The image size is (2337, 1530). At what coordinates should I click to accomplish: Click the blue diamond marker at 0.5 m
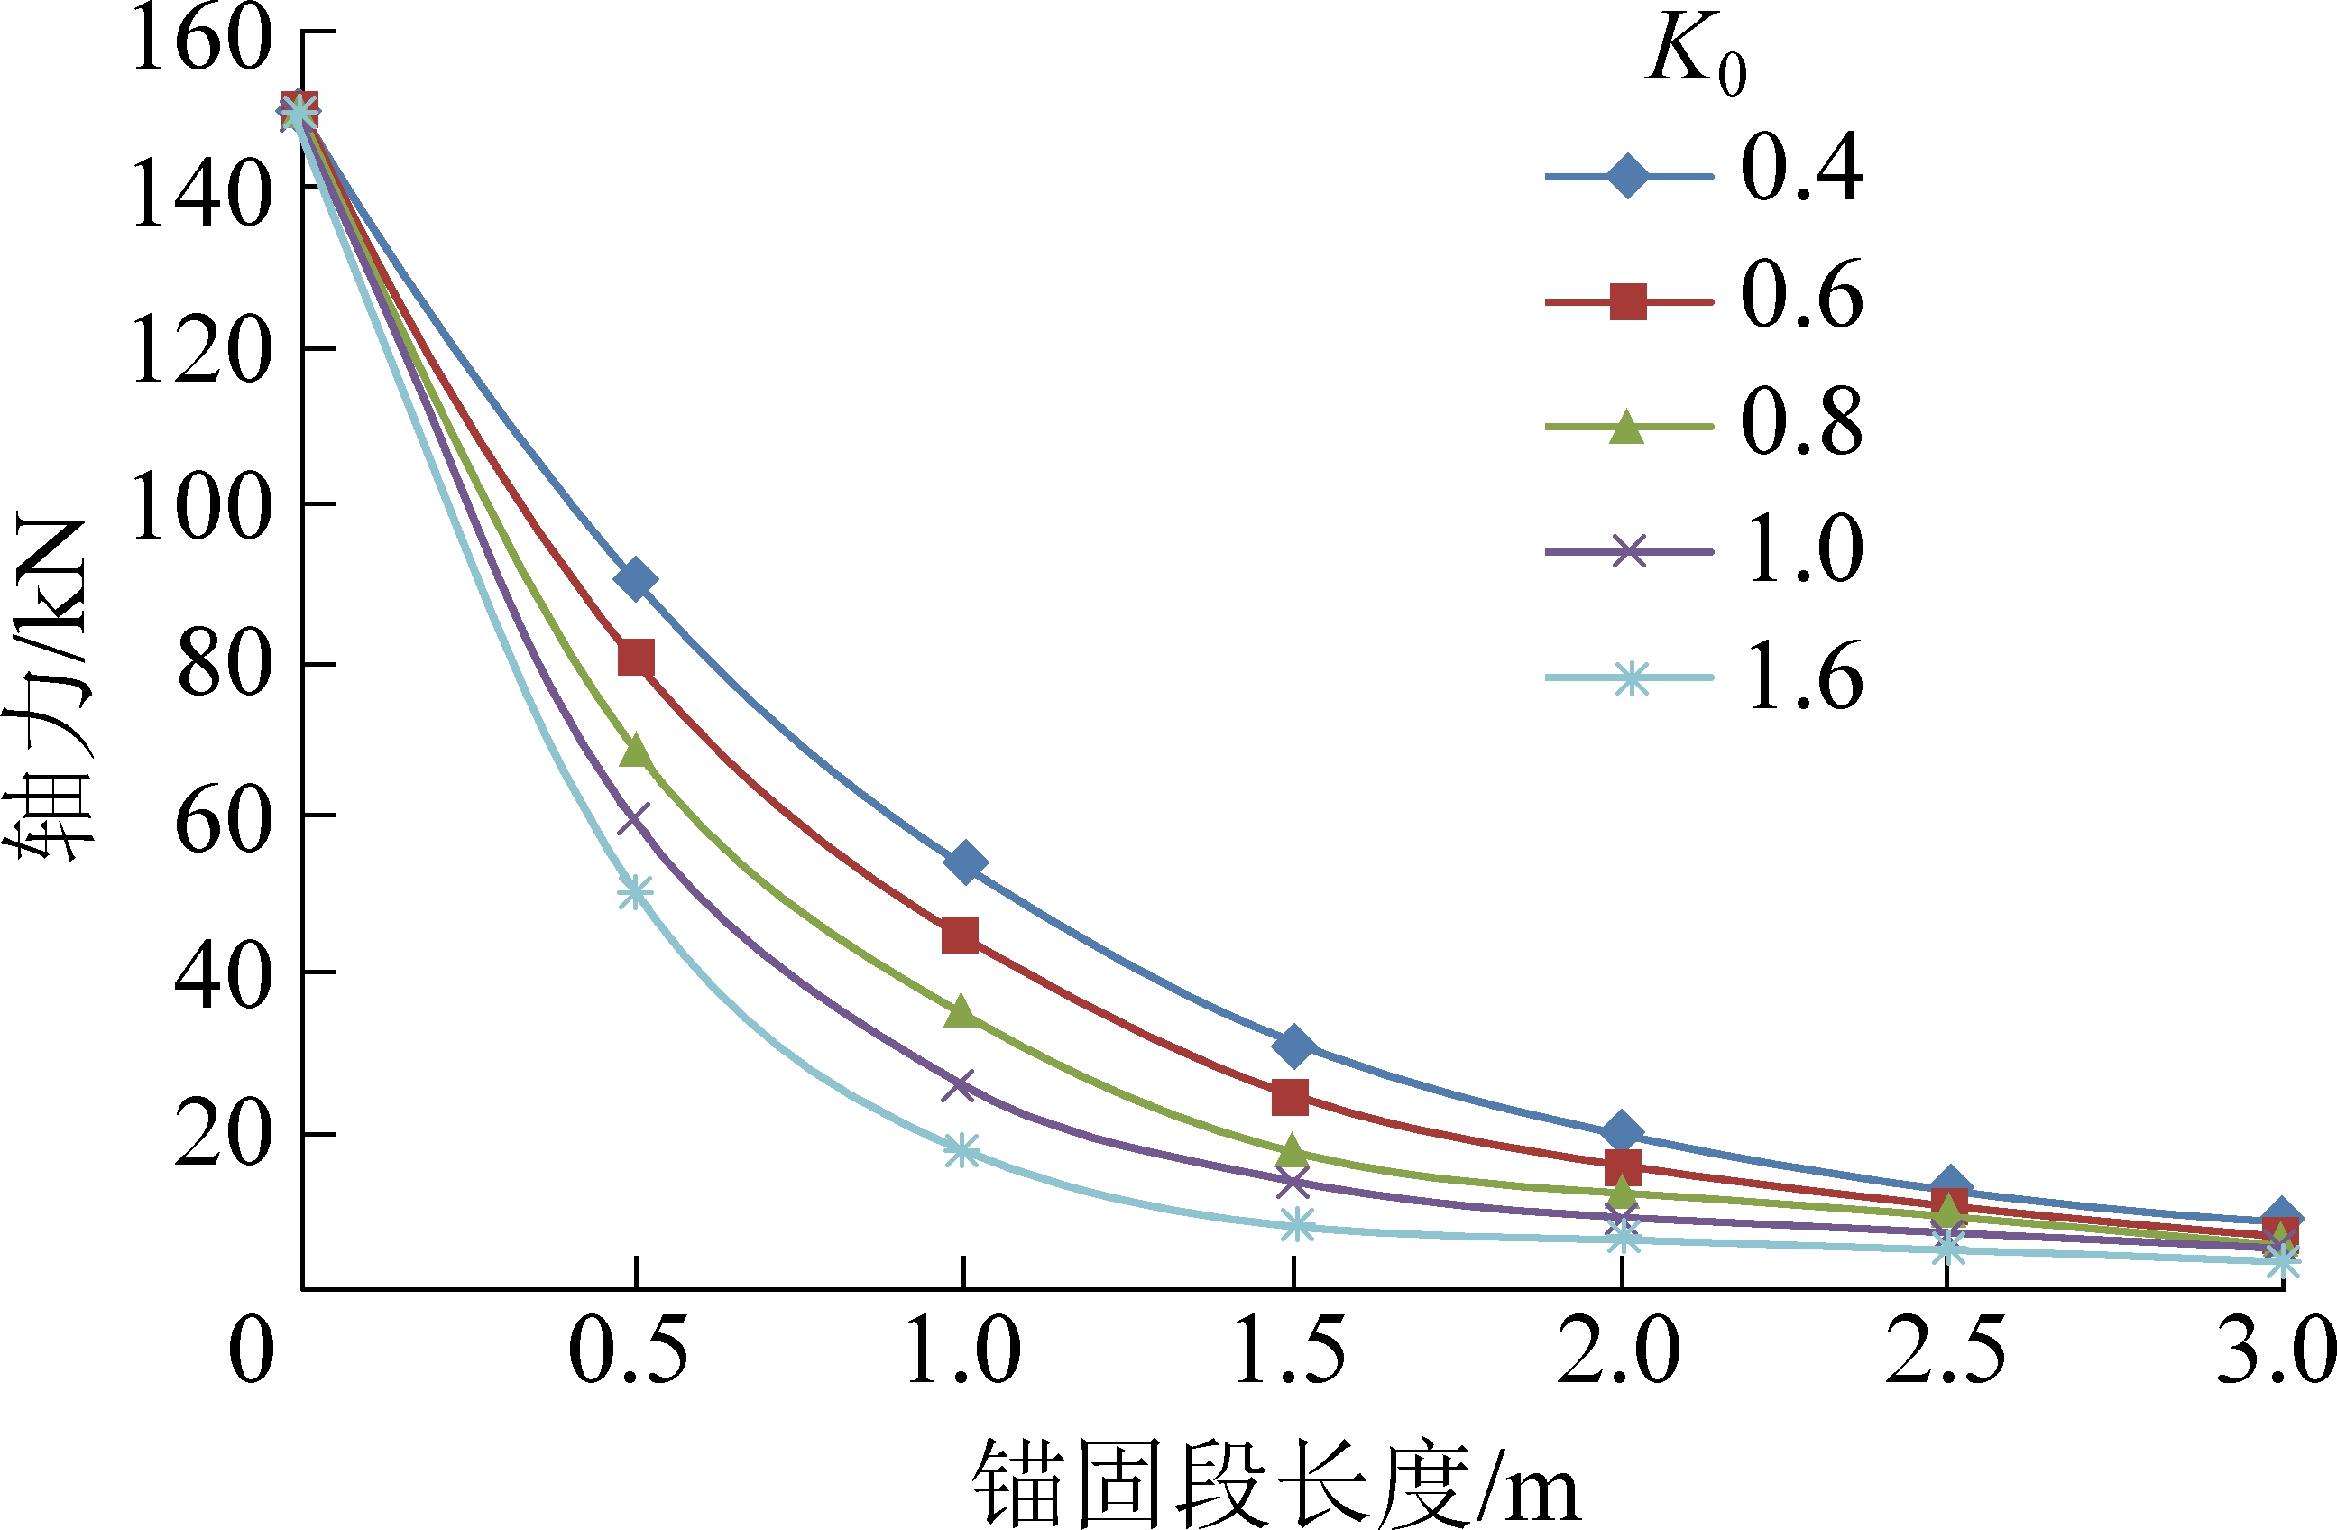(x=635, y=579)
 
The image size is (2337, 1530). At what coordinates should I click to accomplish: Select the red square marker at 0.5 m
(x=636, y=657)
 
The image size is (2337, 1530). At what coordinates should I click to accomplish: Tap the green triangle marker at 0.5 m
(x=636, y=751)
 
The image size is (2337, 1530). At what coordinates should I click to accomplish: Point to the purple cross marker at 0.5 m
(x=634, y=818)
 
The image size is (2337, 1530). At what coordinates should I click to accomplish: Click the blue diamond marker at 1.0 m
(x=964, y=862)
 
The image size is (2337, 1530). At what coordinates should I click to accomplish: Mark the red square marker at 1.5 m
(x=1289, y=1097)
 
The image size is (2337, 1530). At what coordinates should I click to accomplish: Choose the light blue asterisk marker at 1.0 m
(x=961, y=1151)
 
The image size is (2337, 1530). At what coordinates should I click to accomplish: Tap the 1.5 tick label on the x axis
(x=1289, y=1351)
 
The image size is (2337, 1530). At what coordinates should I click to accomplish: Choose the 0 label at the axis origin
(x=251, y=1351)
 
